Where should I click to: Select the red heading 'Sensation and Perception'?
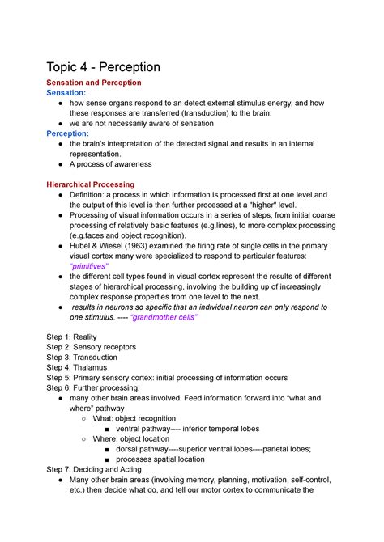click(x=94, y=83)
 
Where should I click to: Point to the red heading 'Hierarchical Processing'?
click(x=91, y=184)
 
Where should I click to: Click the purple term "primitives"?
click(x=89, y=266)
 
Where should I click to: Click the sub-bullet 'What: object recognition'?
click(x=134, y=418)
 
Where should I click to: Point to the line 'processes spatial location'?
click(x=160, y=459)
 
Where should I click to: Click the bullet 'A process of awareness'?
click(x=116, y=163)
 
